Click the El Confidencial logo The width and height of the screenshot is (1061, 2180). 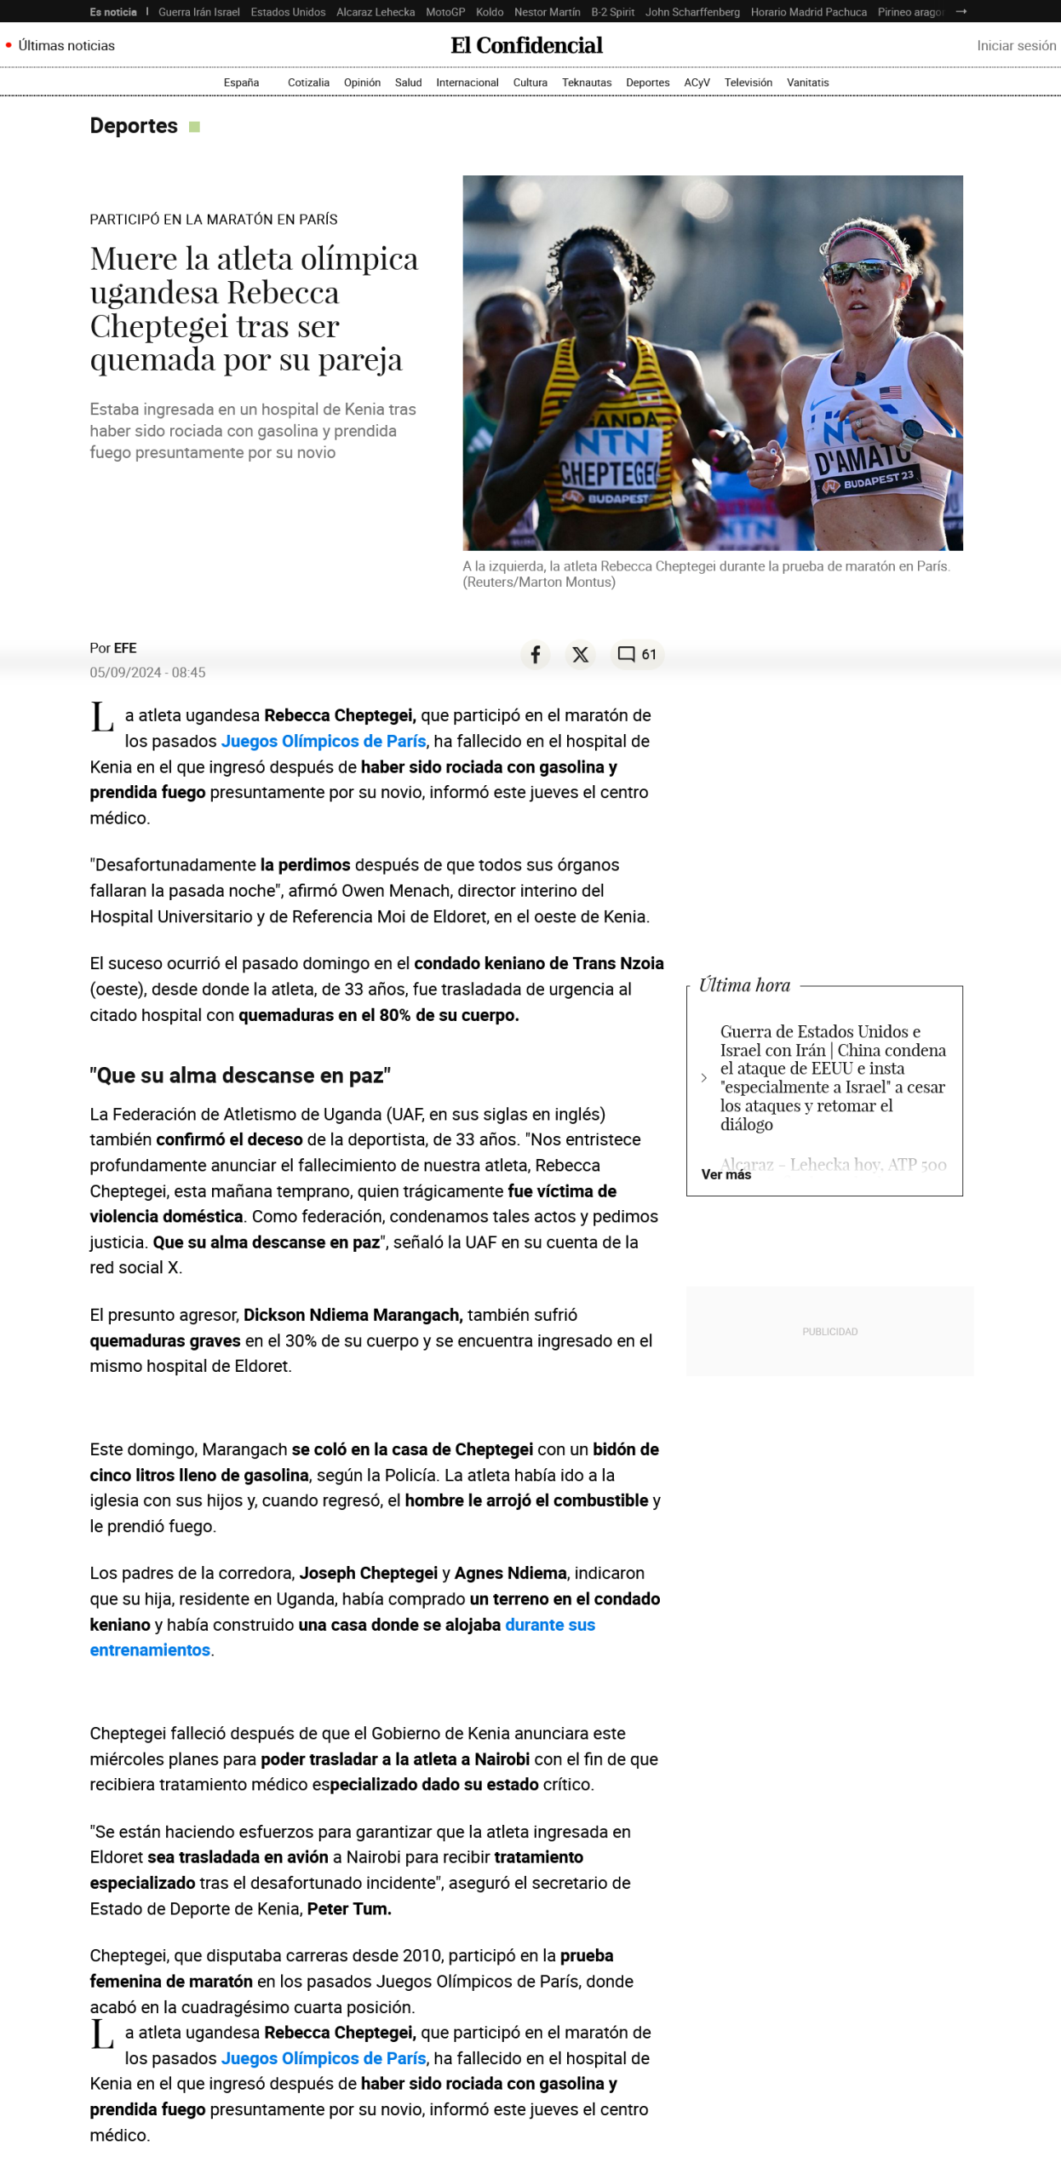(526, 46)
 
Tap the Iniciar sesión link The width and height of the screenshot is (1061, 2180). (1015, 46)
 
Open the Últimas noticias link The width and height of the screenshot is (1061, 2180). (66, 46)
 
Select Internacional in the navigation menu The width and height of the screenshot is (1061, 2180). (467, 83)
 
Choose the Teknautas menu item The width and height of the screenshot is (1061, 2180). (586, 83)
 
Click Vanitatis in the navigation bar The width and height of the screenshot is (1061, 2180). (806, 83)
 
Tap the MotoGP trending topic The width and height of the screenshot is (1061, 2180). (444, 12)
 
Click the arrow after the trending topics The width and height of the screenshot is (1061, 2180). (961, 12)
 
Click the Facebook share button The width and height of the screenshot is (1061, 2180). (535, 654)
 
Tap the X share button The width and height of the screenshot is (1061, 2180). (580, 654)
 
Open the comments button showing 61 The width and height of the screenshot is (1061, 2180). (637, 654)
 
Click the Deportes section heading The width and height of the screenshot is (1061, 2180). (134, 126)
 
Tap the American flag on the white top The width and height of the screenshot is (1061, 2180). (890, 392)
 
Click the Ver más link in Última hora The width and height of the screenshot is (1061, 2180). (725, 1174)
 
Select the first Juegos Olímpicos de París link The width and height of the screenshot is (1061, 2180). (323, 741)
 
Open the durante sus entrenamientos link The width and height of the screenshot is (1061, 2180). (549, 1624)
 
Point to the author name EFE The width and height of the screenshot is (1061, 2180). (125, 648)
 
